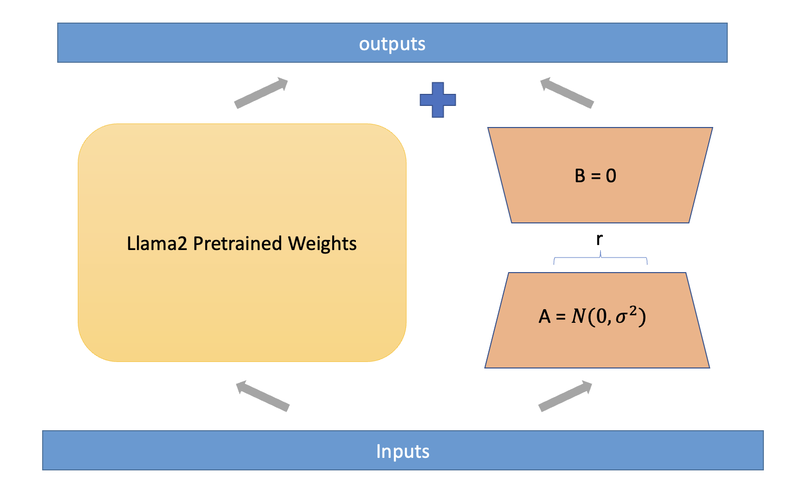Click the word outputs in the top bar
point(392,44)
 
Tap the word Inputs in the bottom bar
point(403,451)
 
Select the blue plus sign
point(438,100)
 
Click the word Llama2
point(157,243)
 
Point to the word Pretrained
point(238,243)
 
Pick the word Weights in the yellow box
point(322,244)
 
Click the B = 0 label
point(595,176)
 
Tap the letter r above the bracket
point(599,239)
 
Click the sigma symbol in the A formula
point(621,317)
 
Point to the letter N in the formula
point(579,316)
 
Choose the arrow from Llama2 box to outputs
point(261,93)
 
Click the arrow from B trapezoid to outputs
point(567,93)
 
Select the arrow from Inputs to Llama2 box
point(262,396)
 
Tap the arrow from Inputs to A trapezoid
point(565,397)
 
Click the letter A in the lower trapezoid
point(545,317)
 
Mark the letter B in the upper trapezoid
point(580,176)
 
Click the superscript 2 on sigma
point(633,311)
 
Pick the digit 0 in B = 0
point(611,176)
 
